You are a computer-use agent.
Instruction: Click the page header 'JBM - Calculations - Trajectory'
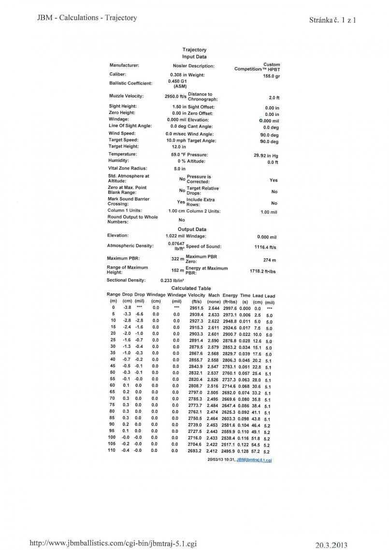87,18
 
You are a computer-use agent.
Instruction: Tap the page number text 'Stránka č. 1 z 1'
332,20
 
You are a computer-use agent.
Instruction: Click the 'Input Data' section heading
194,57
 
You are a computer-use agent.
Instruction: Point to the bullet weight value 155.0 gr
271,76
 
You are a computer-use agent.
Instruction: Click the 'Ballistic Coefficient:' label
130,84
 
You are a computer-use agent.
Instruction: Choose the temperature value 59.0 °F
176,154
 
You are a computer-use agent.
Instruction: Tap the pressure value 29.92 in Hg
266,156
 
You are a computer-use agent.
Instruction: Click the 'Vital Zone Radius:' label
127,169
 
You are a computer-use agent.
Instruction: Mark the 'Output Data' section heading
192,229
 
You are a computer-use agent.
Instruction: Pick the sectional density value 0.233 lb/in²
170,280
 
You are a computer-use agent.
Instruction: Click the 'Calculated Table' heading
191,289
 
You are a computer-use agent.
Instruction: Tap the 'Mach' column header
214,295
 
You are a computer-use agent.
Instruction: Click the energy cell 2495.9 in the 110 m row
230,451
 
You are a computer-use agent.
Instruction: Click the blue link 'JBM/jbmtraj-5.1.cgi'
254,460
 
